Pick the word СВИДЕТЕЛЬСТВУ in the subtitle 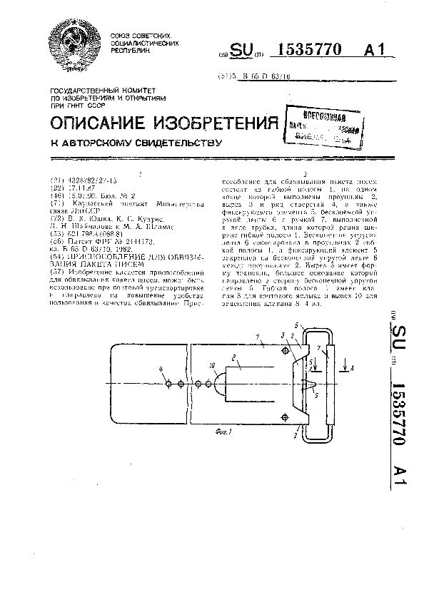click(x=173, y=143)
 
